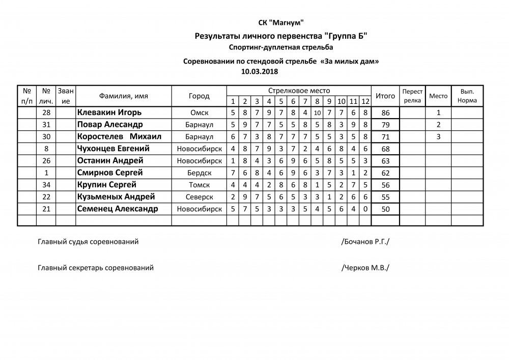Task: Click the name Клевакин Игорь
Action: (x=109, y=112)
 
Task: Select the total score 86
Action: (x=385, y=113)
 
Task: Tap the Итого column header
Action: (x=385, y=96)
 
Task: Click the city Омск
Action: (x=199, y=113)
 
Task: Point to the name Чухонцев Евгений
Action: (x=113, y=149)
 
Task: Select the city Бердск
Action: (x=199, y=173)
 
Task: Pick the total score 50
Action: (x=385, y=209)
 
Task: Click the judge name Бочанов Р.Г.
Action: (x=366, y=242)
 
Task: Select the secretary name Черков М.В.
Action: (x=366, y=267)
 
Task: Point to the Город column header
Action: (x=199, y=96)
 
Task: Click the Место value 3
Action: (x=438, y=136)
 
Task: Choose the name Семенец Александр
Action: (x=117, y=209)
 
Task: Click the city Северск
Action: (x=199, y=197)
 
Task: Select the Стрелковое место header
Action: (x=299, y=90)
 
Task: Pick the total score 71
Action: (x=385, y=137)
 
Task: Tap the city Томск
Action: (x=199, y=185)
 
